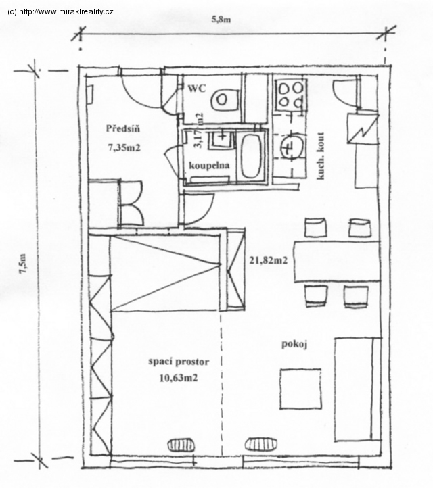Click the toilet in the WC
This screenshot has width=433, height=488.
(225, 99)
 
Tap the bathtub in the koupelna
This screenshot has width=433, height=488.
(251, 156)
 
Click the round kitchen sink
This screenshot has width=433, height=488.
(292, 147)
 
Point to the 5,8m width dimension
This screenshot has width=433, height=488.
(221, 20)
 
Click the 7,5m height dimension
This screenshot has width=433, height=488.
(24, 264)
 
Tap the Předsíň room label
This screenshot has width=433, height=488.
(123, 128)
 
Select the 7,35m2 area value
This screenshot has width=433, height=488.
(124, 147)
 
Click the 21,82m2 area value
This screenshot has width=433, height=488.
(268, 260)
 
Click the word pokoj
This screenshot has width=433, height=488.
(294, 344)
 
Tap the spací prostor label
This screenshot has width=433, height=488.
(179, 362)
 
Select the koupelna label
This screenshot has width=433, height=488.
(209, 166)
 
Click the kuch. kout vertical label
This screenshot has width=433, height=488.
(321, 156)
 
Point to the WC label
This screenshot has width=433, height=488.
(197, 89)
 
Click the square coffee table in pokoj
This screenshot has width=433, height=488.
(300, 389)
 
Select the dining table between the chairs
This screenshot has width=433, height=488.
(337, 262)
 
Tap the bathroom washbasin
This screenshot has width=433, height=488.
(222, 139)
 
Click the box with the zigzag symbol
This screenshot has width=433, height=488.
(363, 129)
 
